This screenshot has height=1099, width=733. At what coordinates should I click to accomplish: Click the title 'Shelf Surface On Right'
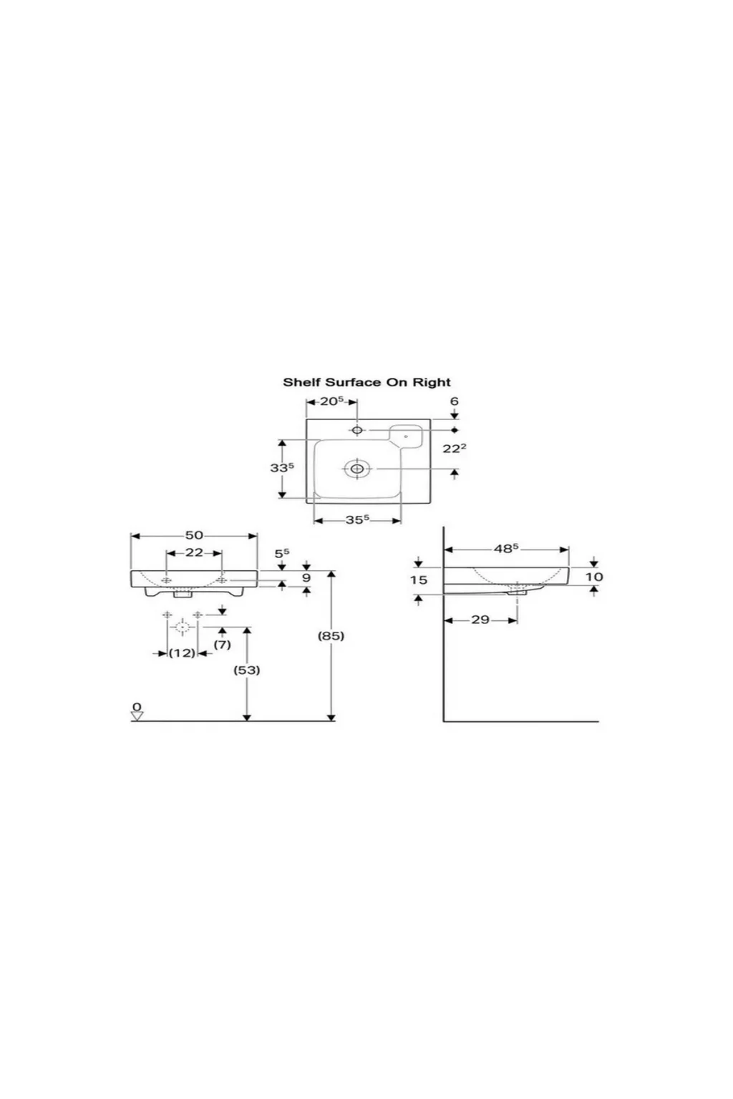click(x=366, y=382)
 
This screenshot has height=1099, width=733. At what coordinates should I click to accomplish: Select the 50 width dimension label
click(x=194, y=535)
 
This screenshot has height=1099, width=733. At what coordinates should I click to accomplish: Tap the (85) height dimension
click(x=331, y=636)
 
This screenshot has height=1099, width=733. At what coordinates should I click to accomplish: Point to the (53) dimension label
click(x=246, y=670)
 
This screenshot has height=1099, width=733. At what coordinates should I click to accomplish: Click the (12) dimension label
click(x=182, y=653)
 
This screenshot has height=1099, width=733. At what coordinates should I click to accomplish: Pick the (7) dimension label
click(x=223, y=645)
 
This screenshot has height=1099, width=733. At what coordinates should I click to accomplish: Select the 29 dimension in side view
click(x=480, y=620)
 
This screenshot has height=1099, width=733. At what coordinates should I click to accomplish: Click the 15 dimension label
click(x=419, y=580)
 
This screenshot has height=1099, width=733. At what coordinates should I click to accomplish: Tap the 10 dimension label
click(x=594, y=577)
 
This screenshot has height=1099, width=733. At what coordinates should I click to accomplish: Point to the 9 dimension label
click(x=306, y=577)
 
